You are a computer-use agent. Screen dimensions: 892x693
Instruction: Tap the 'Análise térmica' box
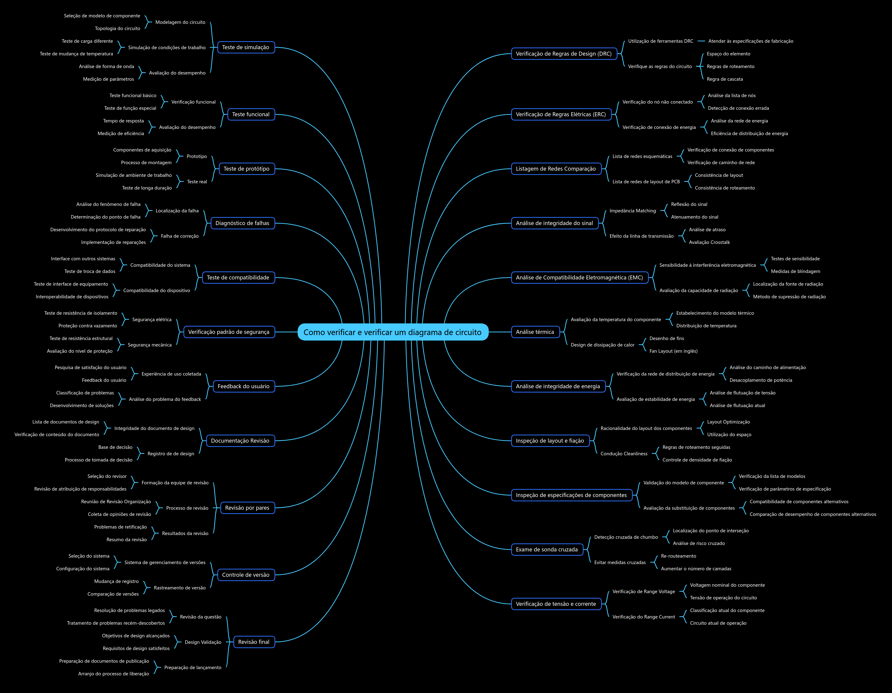tap(535, 332)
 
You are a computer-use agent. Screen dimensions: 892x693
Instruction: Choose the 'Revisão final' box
tap(254, 642)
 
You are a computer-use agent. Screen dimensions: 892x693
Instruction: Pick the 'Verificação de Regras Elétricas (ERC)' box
tap(561, 114)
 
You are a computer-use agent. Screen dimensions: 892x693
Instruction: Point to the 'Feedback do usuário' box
tap(243, 386)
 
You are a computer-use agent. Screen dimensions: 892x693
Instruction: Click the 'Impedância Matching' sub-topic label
tap(633, 211)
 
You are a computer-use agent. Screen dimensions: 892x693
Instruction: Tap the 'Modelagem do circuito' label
tap(180, 22)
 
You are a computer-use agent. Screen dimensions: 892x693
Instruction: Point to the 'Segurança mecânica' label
tap(150, 345)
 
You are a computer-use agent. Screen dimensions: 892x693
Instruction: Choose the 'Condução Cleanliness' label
tap(624, 454)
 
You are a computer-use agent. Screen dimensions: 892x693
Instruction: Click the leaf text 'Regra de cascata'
tap(725, 79)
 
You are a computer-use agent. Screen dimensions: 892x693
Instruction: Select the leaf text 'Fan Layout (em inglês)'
tap(673, 351)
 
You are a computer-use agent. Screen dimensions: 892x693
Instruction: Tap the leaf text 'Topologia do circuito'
tap(118, 29)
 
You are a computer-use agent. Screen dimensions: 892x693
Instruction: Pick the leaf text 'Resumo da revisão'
tap(127, 540)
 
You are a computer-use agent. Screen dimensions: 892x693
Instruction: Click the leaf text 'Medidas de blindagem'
tap(795, 271)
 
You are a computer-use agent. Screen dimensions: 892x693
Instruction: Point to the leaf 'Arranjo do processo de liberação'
tap(114, 674)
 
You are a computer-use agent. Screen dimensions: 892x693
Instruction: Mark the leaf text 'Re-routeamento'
tap(678, 556)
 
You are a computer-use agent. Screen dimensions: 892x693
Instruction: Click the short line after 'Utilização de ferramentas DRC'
tap(701, 41)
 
